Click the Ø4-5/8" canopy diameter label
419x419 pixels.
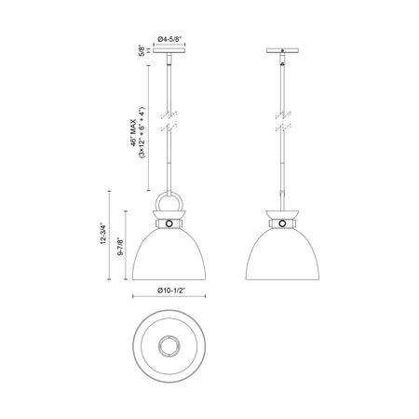click(169, 39)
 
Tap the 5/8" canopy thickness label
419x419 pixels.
click(142, 50)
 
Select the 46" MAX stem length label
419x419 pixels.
click(133, 132)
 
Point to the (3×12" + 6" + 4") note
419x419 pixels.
click(142, 132)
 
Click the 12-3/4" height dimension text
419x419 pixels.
click(103, 233)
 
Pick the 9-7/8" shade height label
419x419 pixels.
click(120, 247)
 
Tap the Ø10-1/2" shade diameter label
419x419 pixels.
click(171, 291)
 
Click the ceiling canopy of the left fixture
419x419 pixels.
click(169, 50)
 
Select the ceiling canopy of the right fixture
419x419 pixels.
click(282, 50)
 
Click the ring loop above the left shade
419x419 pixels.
click(158, 201)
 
